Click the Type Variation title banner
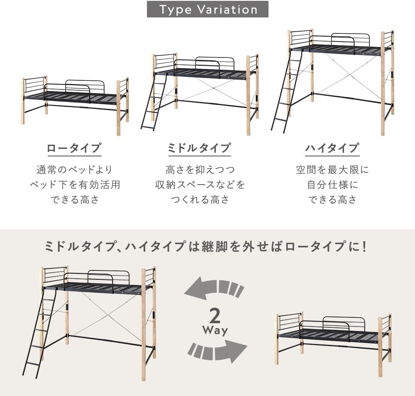(207, 10)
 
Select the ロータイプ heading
(74, 148)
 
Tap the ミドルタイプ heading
(199, 148)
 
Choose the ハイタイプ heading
(332, 148)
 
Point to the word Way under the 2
(215, 331)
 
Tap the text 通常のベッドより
(74, 170)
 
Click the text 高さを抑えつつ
(200, 170)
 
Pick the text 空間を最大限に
(332, 170)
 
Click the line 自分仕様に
(332, 185)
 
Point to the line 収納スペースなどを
(200, 185)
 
